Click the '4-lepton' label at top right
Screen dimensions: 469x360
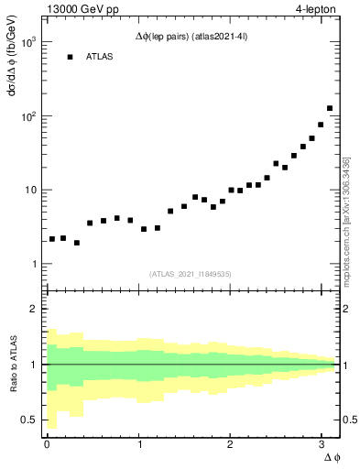pyautogui.click(x=317, y=10)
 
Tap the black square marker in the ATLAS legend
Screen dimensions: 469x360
pyautogui.click(x=70, y=57)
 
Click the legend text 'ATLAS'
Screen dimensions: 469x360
pyautogui.click(x=101, y=57)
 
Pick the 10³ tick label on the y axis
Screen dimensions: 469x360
pyautogui.click(x=29, y=43)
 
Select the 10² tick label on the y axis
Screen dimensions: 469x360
pyautogui.click(x=29, y=116)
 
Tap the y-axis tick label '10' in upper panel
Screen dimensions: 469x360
pyautogui.click(x=32, y=191)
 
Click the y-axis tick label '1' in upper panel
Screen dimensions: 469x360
pyautogui.click(x=35, y=265)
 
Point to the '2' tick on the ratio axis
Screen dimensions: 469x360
pyautogui.click(x=35, y=309)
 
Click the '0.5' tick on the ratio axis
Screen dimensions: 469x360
pyautogui.click(x=30, y=420)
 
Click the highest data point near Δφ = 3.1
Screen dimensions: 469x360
pyautogui.click(x=330, y=108)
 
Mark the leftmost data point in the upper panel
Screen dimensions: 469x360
pyautogui.click(x=52, y=239)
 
